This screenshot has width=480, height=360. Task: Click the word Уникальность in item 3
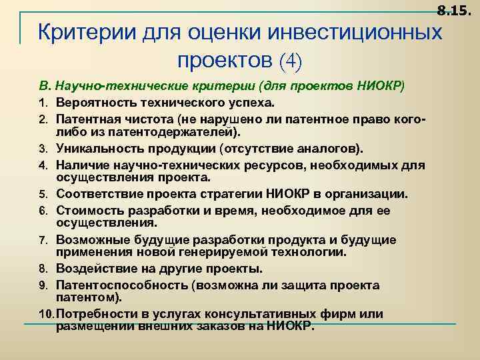98,147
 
